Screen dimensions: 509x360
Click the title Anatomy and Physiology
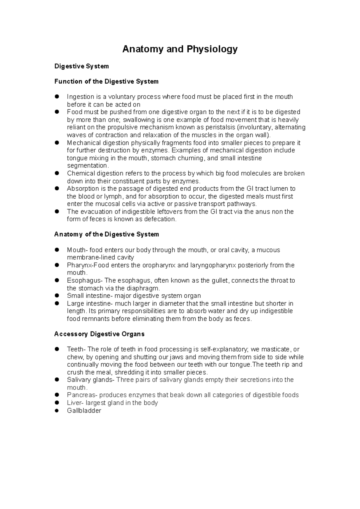[180, 49]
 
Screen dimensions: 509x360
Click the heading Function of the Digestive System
[106, 81]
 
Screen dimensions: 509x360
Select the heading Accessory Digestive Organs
[99, 334]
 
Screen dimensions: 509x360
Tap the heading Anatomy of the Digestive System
[106, 234]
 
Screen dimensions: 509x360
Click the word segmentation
[87, 165]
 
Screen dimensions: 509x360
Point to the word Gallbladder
[84, 411]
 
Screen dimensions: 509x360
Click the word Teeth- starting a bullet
[76, 349]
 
